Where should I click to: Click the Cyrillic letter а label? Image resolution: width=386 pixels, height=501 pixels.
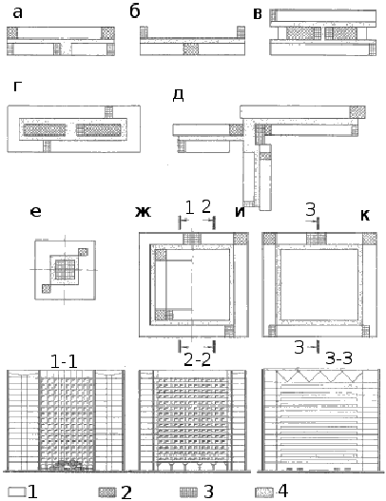[x=18, y=13]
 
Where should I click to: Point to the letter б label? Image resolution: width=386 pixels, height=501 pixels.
[x=135, y=11]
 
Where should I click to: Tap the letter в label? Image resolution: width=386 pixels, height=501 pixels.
[x=258, y=14]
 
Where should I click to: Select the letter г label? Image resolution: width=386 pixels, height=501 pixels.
[x=17, y=87]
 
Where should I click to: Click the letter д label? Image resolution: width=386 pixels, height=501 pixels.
[x=178, y=95]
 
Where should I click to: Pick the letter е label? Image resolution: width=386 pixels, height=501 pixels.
[x=35, y=211]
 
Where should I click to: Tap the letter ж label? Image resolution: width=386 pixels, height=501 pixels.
[x=143, y=211]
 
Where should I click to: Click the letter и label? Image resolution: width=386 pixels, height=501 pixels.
[x=240, y=211]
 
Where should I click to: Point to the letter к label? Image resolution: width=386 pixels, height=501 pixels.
[x=365, y=216]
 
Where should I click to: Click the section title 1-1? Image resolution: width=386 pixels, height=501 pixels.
[x=64, y=362]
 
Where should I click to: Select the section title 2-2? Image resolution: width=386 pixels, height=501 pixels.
[x=198, y=360]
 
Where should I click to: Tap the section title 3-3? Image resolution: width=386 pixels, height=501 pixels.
[x=338, y=358]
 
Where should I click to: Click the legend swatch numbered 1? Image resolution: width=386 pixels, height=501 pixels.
[x=17, y=491]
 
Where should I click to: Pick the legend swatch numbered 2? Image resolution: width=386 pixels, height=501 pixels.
[x=108, y=492]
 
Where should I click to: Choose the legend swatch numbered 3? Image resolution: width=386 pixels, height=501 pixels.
[x=189, y=492]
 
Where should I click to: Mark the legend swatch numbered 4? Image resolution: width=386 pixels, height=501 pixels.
[x=264, y=492]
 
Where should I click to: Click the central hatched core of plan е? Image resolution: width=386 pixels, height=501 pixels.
[x=66, y=269]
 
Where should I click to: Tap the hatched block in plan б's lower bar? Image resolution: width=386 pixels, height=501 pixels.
[x=191, y=49]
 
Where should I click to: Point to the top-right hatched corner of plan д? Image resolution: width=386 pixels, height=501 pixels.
[x=357, y=112]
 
